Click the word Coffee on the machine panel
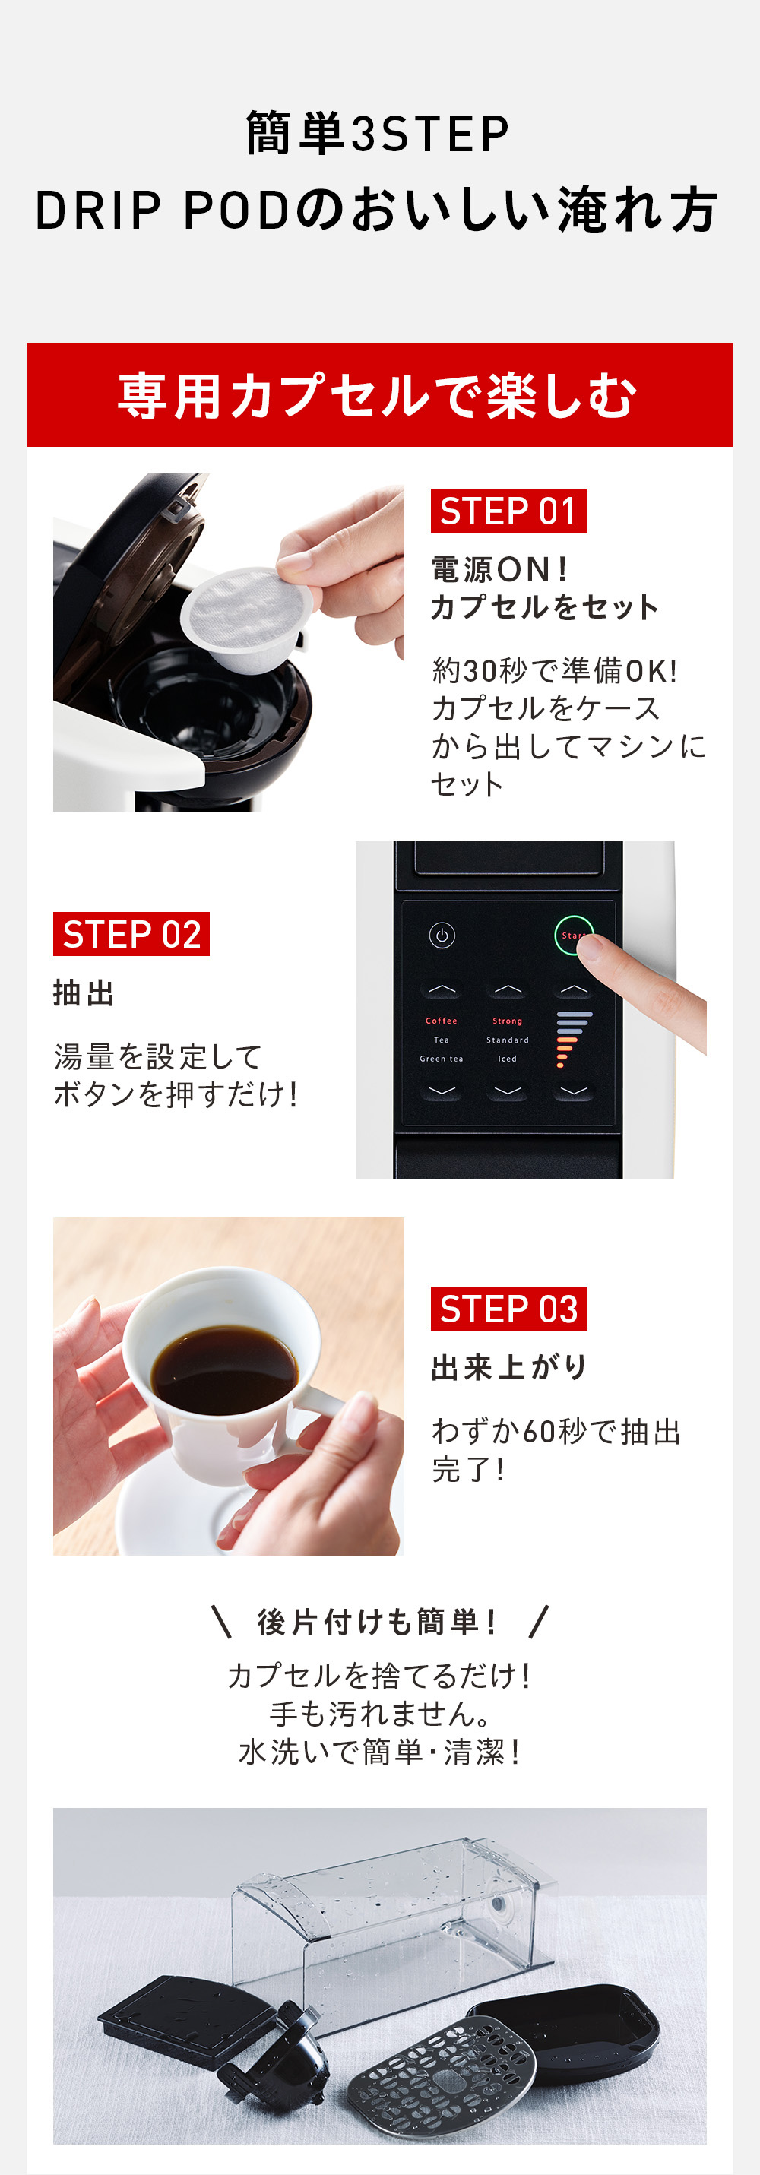442,1021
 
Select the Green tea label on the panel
442,1059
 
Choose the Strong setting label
508,1021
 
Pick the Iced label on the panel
508,1059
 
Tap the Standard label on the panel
508,1040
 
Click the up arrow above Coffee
442,989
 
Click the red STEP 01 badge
508,511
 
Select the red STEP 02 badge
131,934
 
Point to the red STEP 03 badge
508,1309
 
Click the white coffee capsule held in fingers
245,619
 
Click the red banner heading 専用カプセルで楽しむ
378,396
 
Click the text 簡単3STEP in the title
378,135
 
